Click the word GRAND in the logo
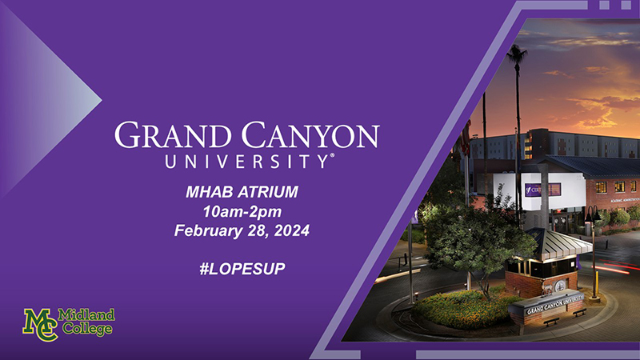click(172, 135)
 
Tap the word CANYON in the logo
click(310, 135)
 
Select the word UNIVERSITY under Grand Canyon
click(246, 162)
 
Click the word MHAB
click(209, 192)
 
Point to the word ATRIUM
click(268, 192)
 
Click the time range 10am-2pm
click(242, 211)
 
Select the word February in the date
click(208, 230)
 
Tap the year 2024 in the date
click(291, 230)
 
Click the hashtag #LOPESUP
click(242, 269)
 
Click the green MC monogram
click(40, 325)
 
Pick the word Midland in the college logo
click(86, 314)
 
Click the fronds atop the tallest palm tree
click(517, 53)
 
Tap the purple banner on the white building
click(543, 190)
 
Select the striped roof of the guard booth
click(558, 242)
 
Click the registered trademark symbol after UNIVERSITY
click(332, 155)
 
